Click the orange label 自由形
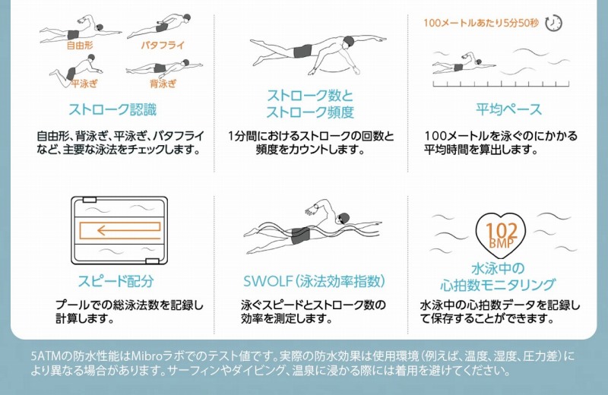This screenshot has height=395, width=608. point(80,46)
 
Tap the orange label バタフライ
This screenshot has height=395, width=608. point(163,46)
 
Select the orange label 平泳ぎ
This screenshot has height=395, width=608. point(85,84)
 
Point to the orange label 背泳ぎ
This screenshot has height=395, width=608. point(163,84)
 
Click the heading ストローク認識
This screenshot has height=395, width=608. point(112,109)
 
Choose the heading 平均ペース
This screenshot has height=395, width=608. point(508,109)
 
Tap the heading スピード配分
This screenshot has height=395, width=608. point(116,281)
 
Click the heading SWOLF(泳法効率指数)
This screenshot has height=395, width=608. point(314,281)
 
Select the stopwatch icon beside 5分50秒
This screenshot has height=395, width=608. point(553,24)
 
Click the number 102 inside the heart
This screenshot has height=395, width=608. point(502,231)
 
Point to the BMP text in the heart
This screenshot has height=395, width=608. point(502,242)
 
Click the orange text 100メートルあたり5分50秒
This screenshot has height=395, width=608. point(481,23)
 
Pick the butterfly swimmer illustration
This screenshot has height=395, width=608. point(159,27)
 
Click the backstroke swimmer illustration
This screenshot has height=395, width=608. point(164,68)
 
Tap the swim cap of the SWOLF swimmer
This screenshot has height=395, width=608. point(344,216)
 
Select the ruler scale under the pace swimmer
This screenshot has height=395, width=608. point(501,84)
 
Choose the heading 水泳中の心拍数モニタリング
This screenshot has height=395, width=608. point(498,276)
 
